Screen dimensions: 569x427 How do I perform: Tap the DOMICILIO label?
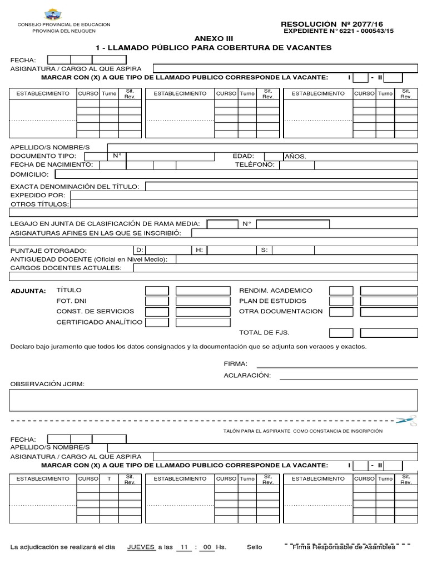(29, 174)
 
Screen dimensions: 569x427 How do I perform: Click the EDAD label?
(243, 156)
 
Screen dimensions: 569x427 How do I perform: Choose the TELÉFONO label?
(255, 165)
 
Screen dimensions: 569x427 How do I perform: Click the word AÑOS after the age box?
(295, 157)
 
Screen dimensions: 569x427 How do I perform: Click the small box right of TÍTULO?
(157, 291)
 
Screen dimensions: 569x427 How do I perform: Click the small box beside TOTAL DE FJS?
(340, 333)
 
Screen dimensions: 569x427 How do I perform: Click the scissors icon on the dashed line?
(406, 421)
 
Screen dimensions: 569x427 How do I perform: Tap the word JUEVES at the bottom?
(141, 547)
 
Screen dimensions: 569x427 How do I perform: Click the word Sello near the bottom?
(254, 547)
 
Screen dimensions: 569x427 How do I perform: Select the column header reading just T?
(109, 478)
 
